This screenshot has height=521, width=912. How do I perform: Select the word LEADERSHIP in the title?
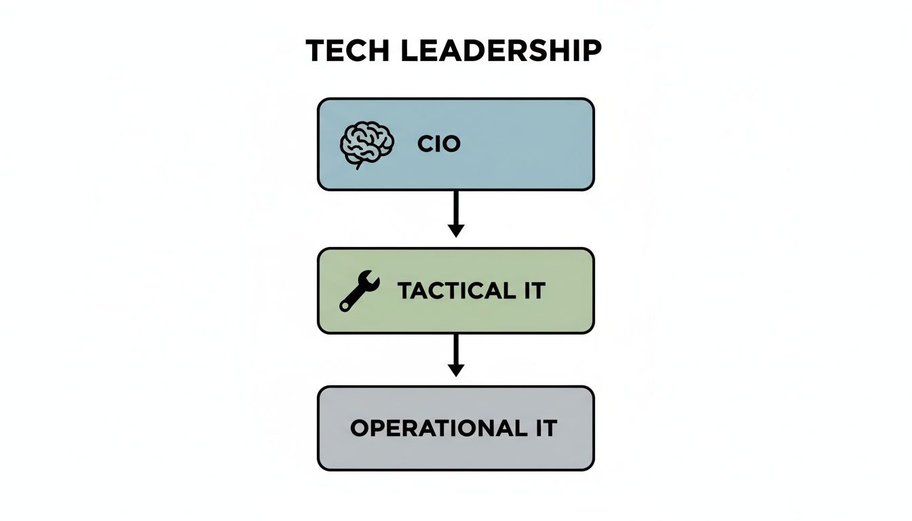pos(501,52)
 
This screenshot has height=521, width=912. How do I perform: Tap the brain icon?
pos(366,144)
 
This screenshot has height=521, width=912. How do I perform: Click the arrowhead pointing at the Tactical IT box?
pos(456,231)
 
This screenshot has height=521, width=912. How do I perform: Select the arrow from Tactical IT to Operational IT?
pos(456,350)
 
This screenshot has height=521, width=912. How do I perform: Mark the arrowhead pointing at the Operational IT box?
pos(456,370)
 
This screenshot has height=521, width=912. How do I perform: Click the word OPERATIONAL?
pos(434,429)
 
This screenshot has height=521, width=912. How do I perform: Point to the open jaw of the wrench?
pos(373,277)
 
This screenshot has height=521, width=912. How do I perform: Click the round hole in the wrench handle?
pos(345,306)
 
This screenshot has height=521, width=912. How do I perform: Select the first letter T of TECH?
pos(316,52)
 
